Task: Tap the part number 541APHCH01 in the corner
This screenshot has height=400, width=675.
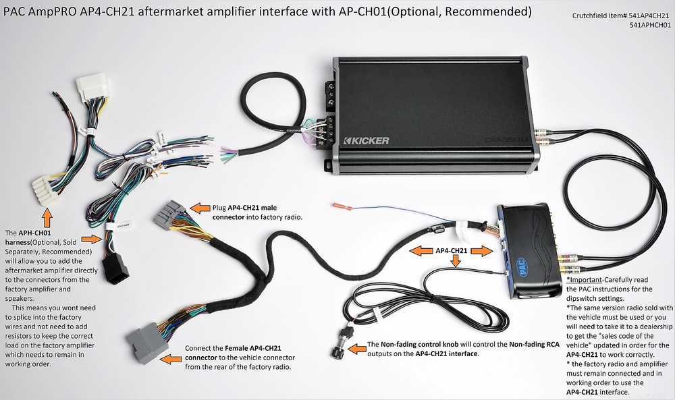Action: [x=649, y=25]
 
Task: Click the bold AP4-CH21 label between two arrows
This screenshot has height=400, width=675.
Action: [x=452, y=250]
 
